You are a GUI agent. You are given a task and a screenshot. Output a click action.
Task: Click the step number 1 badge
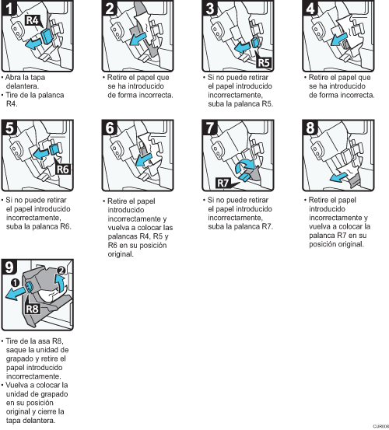9,8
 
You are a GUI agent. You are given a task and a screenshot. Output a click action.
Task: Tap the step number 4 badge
310,8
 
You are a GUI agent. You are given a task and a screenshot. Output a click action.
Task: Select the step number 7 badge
209,128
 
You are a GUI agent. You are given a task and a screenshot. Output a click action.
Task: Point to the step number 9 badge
9,267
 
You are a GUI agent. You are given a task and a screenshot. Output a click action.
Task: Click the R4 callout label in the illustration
33,20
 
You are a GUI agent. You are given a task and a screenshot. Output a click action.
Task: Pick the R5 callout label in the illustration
264,63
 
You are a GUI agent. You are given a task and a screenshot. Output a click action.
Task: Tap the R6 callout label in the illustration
63,169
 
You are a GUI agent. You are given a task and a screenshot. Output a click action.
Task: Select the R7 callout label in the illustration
223,183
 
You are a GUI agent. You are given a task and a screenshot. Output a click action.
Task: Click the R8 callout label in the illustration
33,309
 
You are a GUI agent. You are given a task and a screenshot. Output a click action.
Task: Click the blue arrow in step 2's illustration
138,38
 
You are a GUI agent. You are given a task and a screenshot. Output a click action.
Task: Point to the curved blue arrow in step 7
245,166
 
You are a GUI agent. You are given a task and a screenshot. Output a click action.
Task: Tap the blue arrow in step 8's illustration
338,177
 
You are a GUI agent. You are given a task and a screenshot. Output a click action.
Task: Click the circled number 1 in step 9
15,282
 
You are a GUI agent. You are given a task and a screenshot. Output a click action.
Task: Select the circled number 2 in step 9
61,271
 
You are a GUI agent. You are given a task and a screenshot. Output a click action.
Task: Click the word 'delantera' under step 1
23,86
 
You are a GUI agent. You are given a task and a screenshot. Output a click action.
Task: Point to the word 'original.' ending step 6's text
121,254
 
